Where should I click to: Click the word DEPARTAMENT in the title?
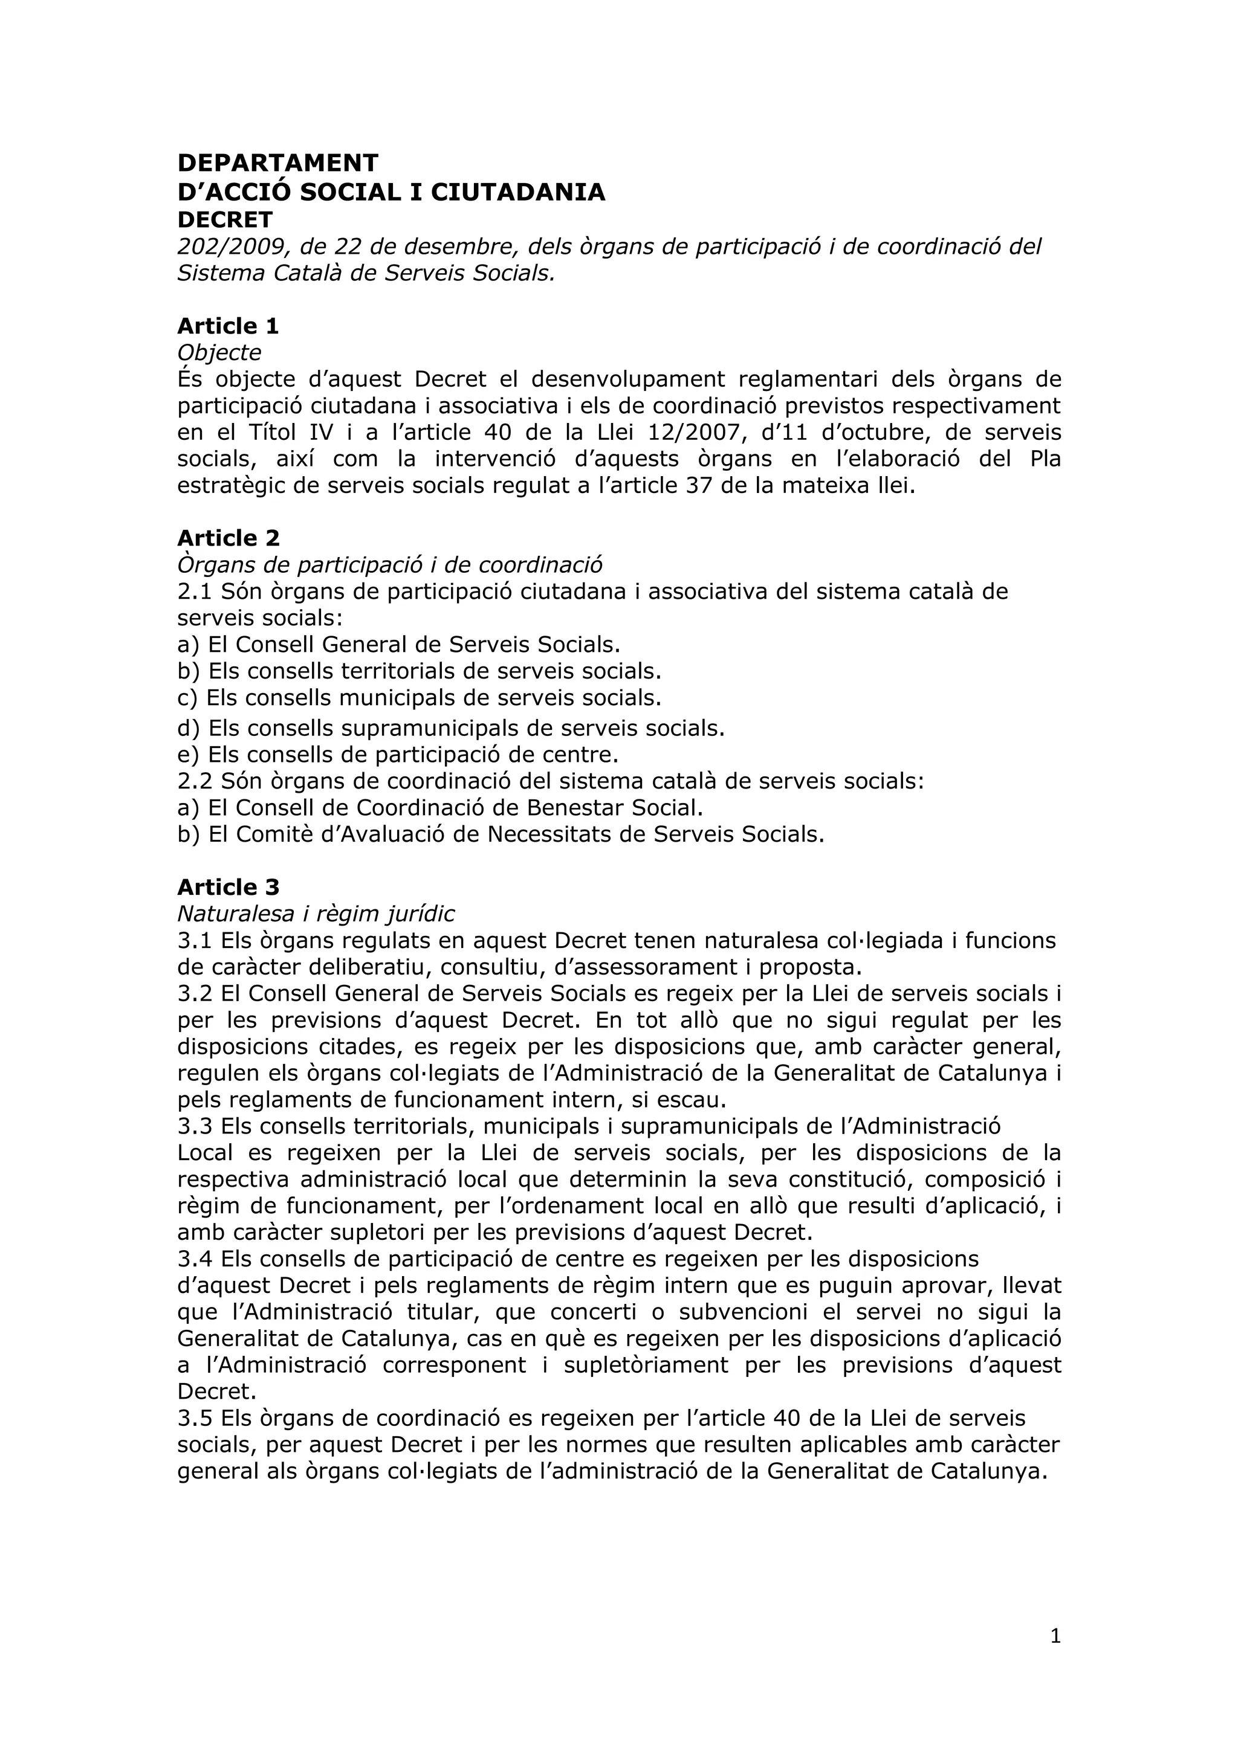(277, 163)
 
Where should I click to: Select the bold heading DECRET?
(224, 221)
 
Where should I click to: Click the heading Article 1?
(227, 326)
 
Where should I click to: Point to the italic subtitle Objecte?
(219, 352)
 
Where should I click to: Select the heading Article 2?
(228, 538)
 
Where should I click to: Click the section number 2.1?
(195, 592)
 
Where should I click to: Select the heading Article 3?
(228, 888)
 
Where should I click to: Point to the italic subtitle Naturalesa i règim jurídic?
(316, 914)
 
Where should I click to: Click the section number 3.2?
(195, 994)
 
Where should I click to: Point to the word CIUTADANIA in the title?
(518, 192)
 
